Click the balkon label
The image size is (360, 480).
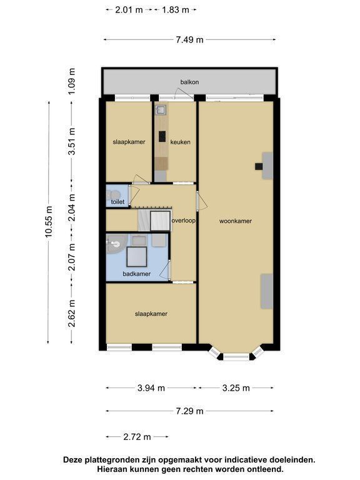(x=189, y=82)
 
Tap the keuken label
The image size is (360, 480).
(x=180, y=142)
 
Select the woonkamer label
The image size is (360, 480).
(x=236, y=221)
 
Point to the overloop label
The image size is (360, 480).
(x=184, y=221)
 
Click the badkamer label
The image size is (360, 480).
(x=136, y=274)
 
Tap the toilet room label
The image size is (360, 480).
(x=117, y=202)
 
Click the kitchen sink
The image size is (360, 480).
(x=161, y=109)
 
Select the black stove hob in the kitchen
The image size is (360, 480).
(x=162, y=136)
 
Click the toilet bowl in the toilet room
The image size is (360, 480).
(x=114, y=195)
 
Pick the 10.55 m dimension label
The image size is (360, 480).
(x=49, y=222)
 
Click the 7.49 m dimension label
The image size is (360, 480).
(x=189, y=40)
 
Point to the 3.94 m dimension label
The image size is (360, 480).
(x=151, y=388)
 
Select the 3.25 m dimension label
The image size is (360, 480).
(x=236, y=388)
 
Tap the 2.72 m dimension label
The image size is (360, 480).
(x=137, y=437)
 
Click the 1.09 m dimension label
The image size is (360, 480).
(x=71, y=81)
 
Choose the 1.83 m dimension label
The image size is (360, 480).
(x=176, y=10)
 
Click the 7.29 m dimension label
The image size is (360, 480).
(x=189, y=411)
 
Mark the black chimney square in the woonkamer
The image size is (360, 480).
(x=259, y=166)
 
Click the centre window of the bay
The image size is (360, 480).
(x=236, y=357)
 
